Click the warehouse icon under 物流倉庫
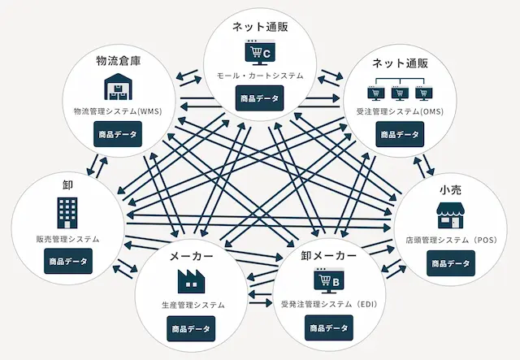[x=117, y=87]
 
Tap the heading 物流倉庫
[x=117, y=61]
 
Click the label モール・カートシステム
[x=260, y=76]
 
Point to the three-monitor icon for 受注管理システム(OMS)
[x=399, y=89]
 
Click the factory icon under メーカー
[x=192, y=281]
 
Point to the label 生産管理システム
[x=192, y=306]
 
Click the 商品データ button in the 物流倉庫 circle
[x=117, y=133]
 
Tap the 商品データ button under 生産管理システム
[x=192, y=329]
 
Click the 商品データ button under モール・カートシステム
[x=260, y=99]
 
